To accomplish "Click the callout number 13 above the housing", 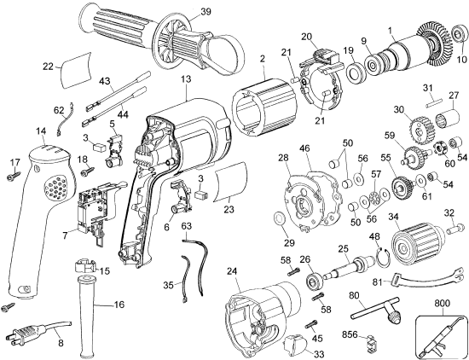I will [x=185, y=79].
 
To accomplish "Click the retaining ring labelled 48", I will [x=382, y=257].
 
